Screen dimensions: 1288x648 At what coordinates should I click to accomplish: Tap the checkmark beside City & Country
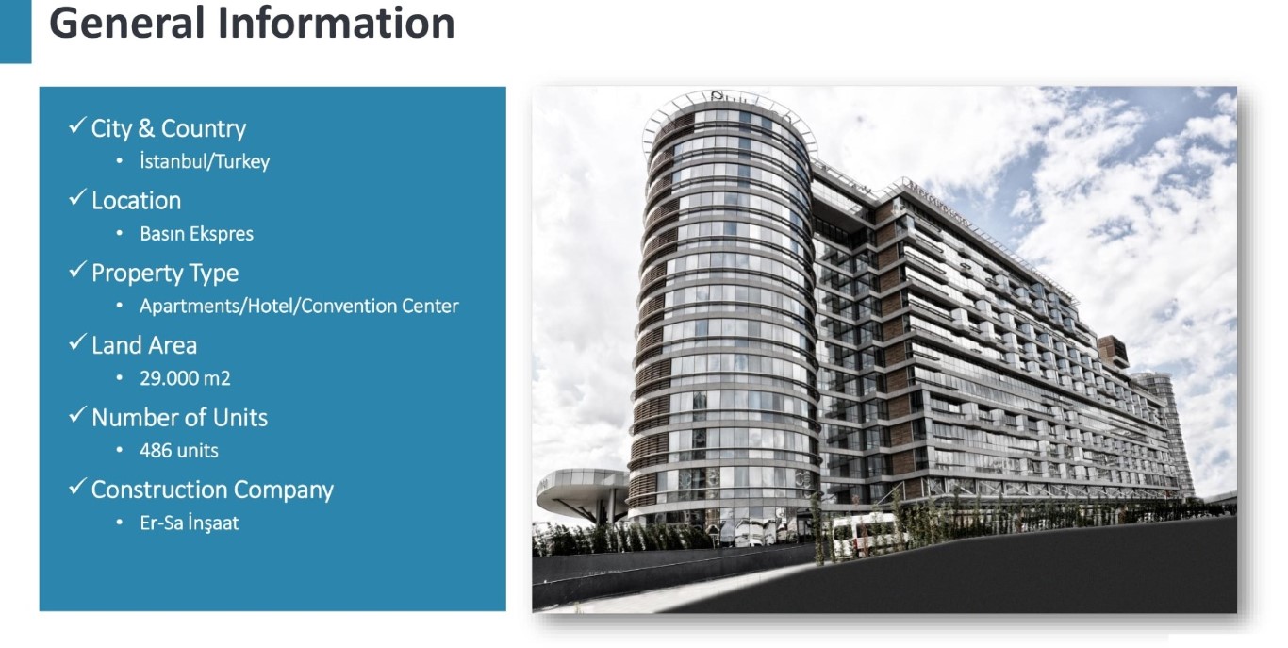pos(77,125)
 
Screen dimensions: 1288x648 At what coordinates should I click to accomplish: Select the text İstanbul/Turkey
pos(204,161)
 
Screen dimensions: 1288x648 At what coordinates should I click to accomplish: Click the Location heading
pos(137,201)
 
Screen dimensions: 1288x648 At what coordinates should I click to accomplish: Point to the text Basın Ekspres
pos(196,233)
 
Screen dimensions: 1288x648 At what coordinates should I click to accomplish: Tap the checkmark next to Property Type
pos(77,270)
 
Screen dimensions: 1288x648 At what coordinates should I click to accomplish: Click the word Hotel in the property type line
pos(271,306)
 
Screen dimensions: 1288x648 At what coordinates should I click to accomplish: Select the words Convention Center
pos(379,306)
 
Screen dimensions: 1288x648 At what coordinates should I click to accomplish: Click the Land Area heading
pos(143,345)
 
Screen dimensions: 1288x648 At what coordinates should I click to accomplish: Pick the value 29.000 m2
pos(185,378)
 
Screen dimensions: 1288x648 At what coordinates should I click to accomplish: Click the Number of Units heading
pos(179,418)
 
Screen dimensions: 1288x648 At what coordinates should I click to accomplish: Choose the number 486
pos(156,451)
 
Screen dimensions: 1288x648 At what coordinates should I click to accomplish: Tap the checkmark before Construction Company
pos(77,487)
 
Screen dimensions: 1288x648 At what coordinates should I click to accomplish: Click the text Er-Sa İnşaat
pos(190,523)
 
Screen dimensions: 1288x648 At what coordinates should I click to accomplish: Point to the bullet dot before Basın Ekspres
pos(120,233)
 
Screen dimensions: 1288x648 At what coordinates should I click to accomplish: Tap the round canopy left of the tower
pos(582,489)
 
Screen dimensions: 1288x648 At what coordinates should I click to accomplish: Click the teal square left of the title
pos(15,32)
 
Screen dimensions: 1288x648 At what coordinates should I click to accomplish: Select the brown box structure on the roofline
pos(1112,351)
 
